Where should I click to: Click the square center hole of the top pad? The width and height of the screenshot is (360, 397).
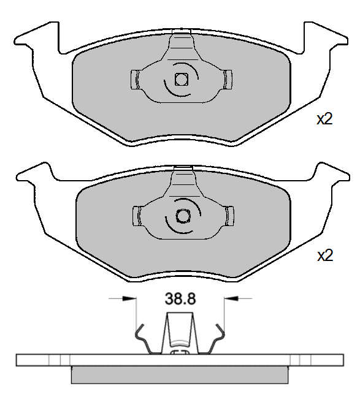click(x=181, y=78)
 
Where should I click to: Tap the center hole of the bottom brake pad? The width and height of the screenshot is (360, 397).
click(x=182, y=216)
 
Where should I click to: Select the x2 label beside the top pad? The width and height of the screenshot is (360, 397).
click(x=324, y=119)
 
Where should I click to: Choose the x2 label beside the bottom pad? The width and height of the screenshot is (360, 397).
click(x=324, y=255)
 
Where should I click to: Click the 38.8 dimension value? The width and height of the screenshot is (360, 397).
click(x=180, y=299)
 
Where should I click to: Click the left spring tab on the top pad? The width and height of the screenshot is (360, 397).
click(x=136, y=78)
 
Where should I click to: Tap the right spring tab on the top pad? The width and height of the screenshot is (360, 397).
click(x=228, y=78)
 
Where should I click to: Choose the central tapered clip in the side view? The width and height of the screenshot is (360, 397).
click(x=180, y=334)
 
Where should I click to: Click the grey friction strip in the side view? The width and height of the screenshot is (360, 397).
click(x=180, y=374)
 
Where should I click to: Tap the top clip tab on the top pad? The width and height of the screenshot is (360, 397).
click(x=181, y=42)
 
